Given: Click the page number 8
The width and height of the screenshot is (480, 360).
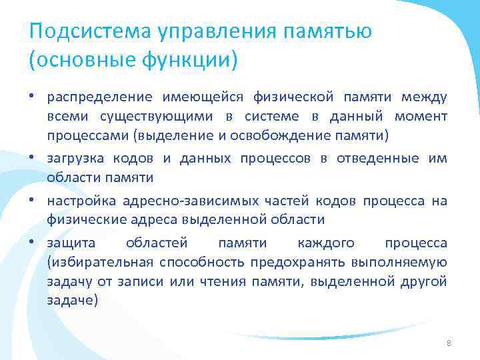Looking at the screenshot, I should pyautogui.click(x=449, y=343).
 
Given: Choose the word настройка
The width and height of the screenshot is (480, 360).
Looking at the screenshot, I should pyautogui.click(x=79, y=201).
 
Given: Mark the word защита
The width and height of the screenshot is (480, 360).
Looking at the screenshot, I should pyautogui.click(x=67, y=243).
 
